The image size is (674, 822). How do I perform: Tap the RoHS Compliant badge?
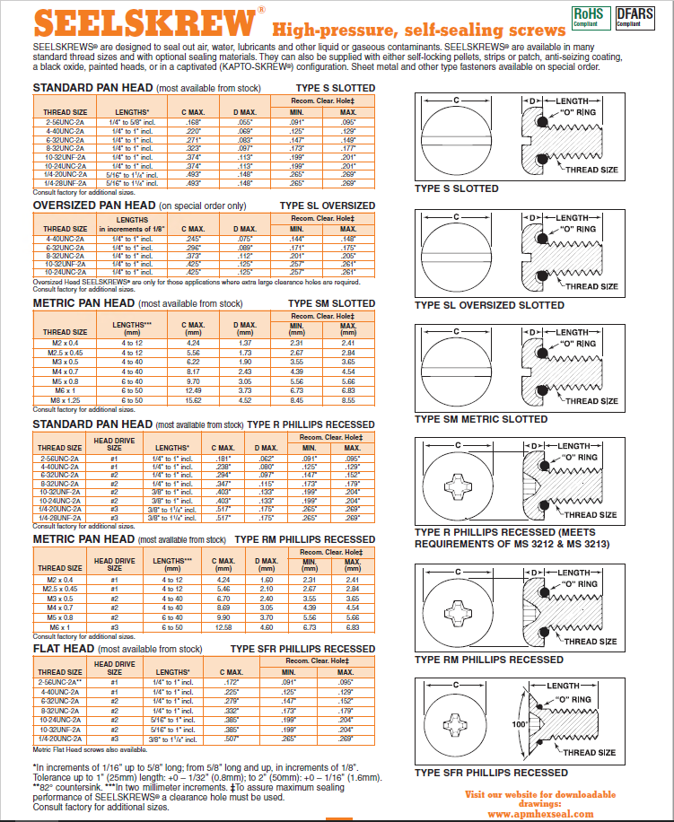point(588,17)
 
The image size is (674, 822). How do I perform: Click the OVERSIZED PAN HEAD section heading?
point(93,205)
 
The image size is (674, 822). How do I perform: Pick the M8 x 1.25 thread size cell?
point(64,399)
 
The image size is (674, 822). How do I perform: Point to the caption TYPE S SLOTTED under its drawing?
point(456,188)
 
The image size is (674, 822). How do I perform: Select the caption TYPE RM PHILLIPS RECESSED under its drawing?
point(489,660)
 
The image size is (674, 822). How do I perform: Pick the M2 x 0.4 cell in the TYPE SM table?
point(64,342)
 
